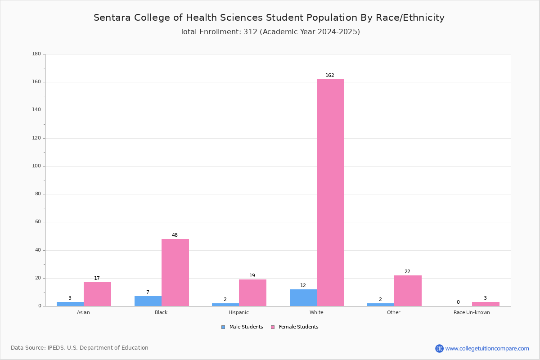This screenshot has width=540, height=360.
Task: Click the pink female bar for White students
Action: click(330, 193)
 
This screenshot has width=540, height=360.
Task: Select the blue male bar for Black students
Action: click(148, 301)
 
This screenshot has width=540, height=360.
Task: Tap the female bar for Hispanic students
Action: click(252, 293)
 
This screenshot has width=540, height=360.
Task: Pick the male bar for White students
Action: click(303, 298)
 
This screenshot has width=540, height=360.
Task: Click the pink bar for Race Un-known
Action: click(486, 304)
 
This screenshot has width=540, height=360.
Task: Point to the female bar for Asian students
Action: click(97, 294)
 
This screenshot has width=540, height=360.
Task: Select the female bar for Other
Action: click(408, 291)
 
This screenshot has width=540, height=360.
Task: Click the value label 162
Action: click(330, 75)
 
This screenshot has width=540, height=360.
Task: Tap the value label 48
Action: click(175, 235)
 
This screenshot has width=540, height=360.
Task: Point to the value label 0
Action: click(458, 302)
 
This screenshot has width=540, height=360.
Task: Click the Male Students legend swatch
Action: click(223, 327)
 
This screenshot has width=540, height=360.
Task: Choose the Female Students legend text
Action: click(298, 327)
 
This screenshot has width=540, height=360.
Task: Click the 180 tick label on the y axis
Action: click(36, 54)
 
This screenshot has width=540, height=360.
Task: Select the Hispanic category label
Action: click(238, 312)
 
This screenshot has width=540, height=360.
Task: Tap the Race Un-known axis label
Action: click(472, 312)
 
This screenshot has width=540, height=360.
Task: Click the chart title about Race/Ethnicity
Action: click(269, 18)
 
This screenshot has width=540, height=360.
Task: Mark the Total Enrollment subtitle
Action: click(270, 31)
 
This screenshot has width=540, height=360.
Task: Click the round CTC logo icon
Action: click(439, 348)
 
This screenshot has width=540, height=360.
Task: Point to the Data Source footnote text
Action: click(80, 348)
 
